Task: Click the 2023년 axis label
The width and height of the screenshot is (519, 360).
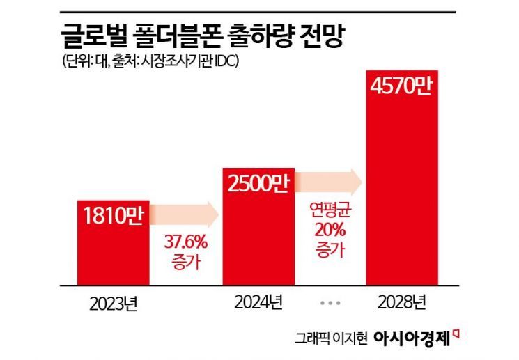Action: tap(113, 304)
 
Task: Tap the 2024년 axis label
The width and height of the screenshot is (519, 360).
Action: tap(258, 303)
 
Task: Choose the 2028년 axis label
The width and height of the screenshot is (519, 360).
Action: tap(403, 303)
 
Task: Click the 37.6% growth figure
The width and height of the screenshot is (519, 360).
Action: tap(185, 244)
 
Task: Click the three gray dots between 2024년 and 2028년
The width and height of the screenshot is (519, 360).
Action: tap(331, 304)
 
